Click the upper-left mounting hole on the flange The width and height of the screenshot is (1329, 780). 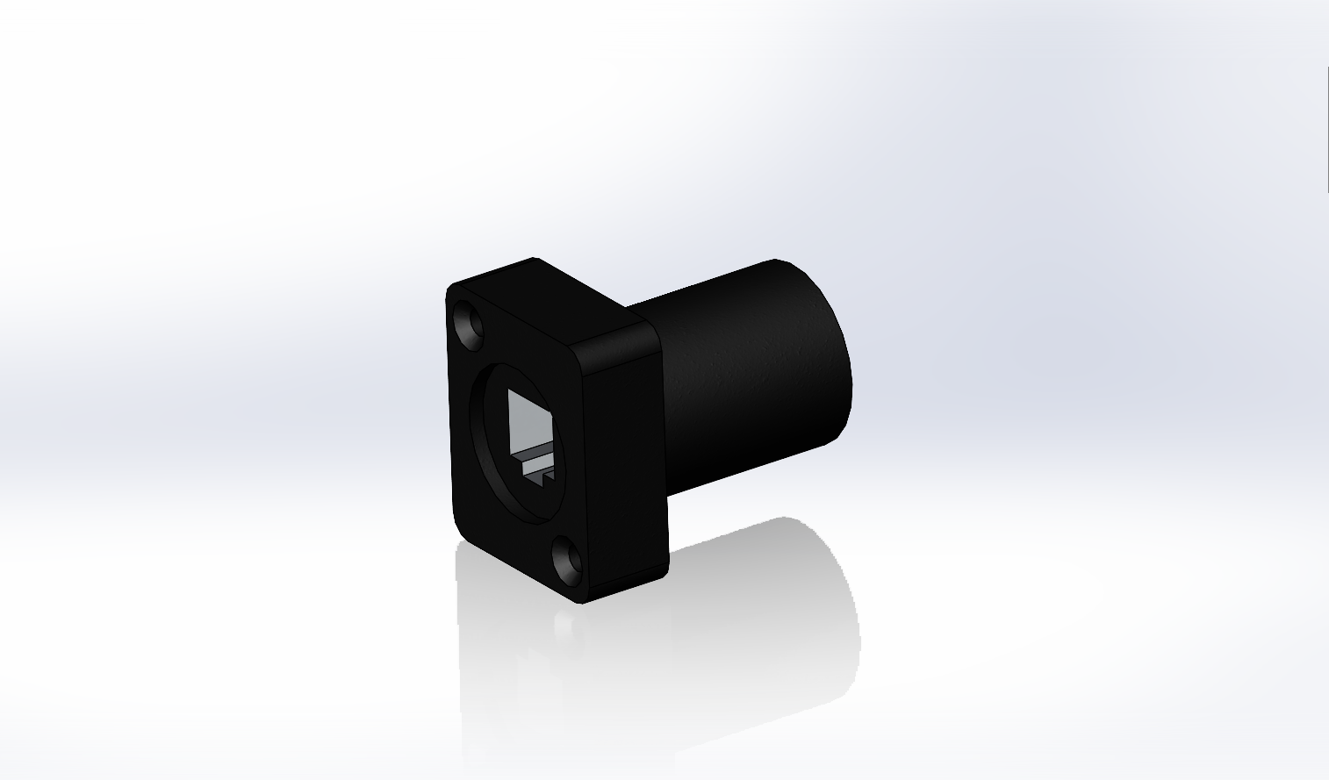(470, 324)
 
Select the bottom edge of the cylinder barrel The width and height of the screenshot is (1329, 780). (755, 465)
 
